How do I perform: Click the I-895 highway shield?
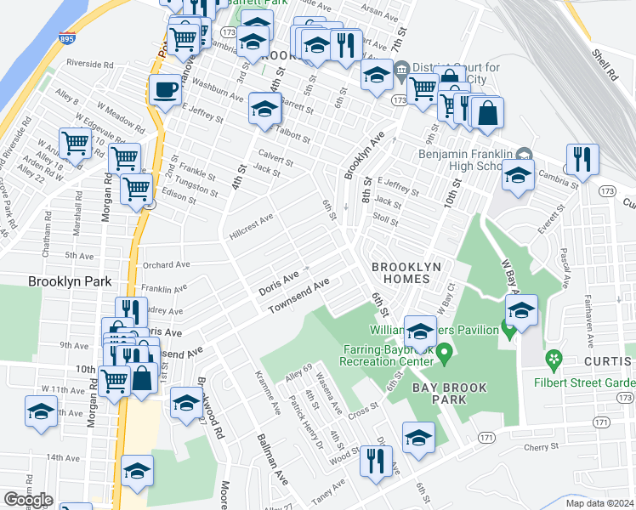[66, 39]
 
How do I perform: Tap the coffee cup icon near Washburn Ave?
[165, 88]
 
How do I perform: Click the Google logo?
[28, 500]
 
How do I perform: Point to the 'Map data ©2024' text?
[600, 503]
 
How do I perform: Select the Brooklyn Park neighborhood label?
[70, 281]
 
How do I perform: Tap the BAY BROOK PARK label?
[451, 394]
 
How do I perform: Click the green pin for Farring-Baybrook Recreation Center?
[444, 349]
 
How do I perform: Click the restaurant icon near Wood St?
[373, 461]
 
